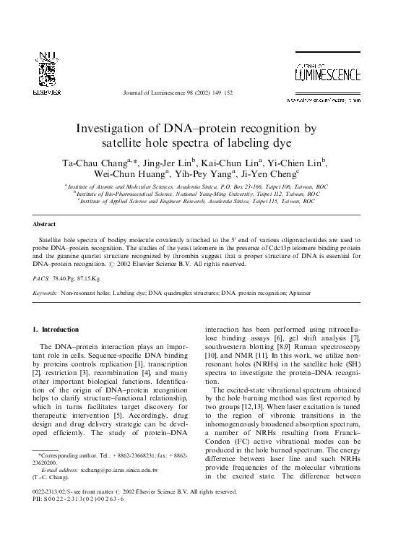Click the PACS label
pyautogui.click(x=43, y=278)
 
